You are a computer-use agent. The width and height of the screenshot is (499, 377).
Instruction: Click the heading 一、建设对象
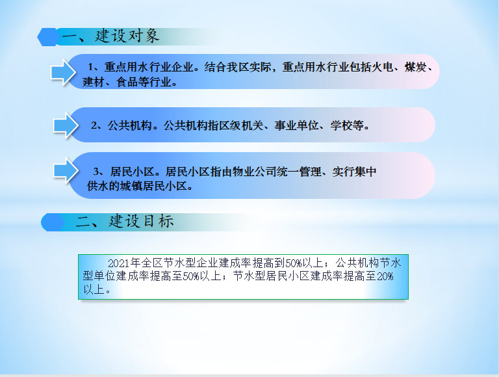(110, 36)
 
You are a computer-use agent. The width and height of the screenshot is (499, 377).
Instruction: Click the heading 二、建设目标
(125, 221)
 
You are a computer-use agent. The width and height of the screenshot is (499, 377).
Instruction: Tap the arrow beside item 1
(63, 73)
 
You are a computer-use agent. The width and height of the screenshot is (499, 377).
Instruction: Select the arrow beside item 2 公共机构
(66, 125)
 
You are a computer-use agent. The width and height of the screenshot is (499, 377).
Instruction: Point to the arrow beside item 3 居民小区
(66, 171)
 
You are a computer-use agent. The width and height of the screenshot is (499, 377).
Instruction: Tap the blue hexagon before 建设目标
(53, 222)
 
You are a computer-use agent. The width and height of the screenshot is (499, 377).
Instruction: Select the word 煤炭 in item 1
(415, 67)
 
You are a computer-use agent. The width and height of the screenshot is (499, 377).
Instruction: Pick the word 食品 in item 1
(127, 82)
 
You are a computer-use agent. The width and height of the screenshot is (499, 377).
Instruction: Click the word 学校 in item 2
(341, 125)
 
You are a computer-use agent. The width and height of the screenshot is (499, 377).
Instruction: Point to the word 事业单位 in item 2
(296, 125)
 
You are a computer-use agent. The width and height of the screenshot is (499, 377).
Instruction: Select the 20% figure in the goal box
(385, 276)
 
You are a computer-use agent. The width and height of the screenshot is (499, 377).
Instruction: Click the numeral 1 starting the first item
(90, 67)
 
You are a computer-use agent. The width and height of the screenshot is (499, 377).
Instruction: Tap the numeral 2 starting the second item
(94, 125)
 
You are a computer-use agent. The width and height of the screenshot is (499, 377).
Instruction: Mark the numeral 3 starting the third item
(96, 172)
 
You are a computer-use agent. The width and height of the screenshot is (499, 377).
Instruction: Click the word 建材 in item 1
(94, 82)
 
